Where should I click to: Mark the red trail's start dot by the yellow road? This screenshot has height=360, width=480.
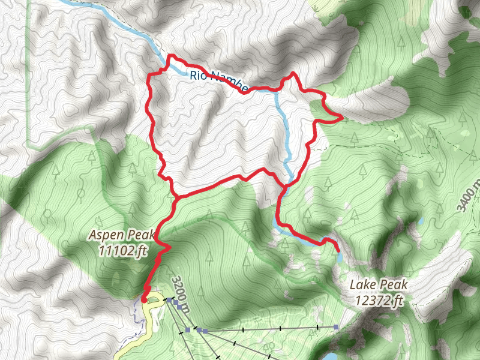click(144, 299)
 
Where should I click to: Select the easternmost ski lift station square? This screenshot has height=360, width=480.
click(336, 327)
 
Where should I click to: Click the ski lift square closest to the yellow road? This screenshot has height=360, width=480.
click(170, 299)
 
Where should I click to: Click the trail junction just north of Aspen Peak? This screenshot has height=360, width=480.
click(175, 197)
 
